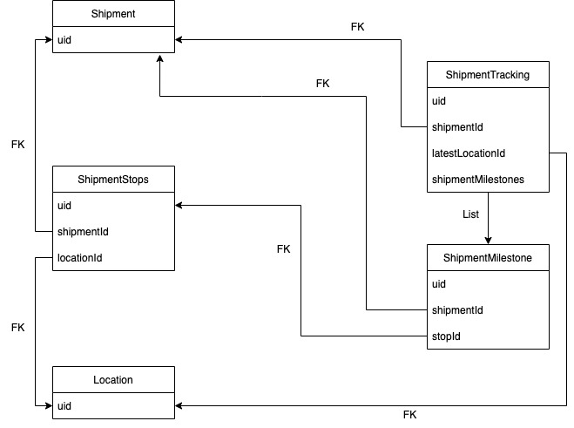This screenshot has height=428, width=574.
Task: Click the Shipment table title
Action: pyautogui.click(x=113, y=14)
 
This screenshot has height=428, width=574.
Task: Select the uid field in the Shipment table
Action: pyautogui.click(x=65, y=40)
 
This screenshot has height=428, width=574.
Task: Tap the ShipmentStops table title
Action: pyautogui.click(x=113, y=180)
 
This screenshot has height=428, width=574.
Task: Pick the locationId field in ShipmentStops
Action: pyautogui.click(x=82, y=258)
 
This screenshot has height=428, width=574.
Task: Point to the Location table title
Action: pyautogui.click(x=113, y=380)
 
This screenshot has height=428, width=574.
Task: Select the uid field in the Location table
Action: pyautogui.click(x=65, y=406)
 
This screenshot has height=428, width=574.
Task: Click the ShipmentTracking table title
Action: pyautogui.click(x=488, y=75)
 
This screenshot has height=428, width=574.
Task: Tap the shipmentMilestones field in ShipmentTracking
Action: pyautogui.click(x=477, y=180)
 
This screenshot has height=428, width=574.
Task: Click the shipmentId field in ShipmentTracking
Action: pyautogui.click(x=458, y=127)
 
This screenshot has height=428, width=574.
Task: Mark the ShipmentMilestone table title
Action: pyautogui.click(x=488, y=258)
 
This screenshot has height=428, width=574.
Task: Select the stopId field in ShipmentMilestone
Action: pyautogui.click(x=447, y=336)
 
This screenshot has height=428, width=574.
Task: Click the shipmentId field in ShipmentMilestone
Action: pyautogui.click(x=458, y=310)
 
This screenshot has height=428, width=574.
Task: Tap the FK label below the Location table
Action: pyautogui.click(x=410, y=414)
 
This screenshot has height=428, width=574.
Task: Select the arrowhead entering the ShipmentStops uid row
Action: pyautogui.click(x=180, y=206)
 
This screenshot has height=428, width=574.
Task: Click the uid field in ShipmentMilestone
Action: pyautogui.click(x=440, y=284)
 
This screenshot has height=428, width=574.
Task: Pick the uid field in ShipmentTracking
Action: pyautogui.click(x=440, y=101)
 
